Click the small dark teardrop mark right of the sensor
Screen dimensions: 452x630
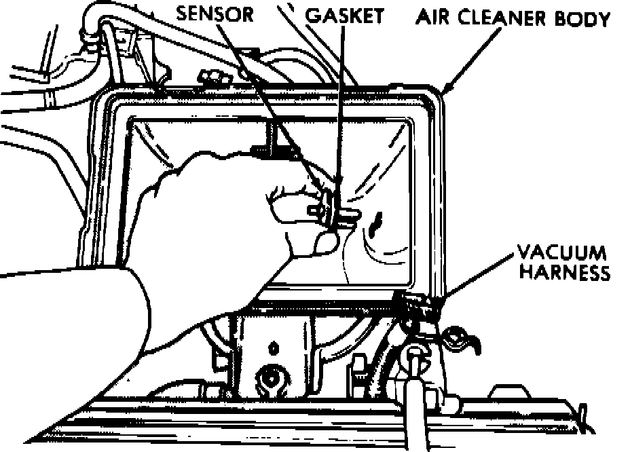coord(377,220)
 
